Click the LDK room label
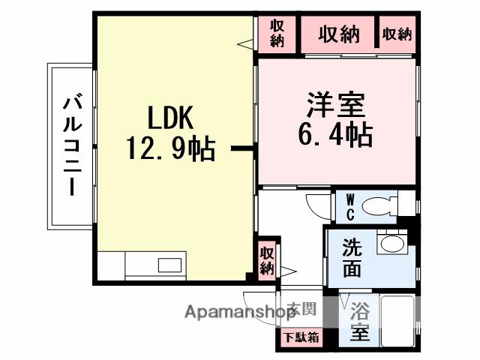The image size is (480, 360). tap(171, 118)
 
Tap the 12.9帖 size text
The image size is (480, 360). tap(171, 149)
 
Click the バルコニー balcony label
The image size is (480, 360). tap(72, 145)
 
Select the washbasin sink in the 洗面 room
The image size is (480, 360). tap(389, 243)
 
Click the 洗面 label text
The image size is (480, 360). tap(352, 256)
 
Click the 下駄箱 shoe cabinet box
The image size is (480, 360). tap(301, 337)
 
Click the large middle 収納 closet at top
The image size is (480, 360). tap(338, 34)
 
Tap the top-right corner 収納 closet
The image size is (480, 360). tap(397, 34)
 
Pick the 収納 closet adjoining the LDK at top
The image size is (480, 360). tap(277, 34)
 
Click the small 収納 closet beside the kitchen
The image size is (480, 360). tap(267, 261)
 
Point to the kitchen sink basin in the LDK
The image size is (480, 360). tap(169, 265)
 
